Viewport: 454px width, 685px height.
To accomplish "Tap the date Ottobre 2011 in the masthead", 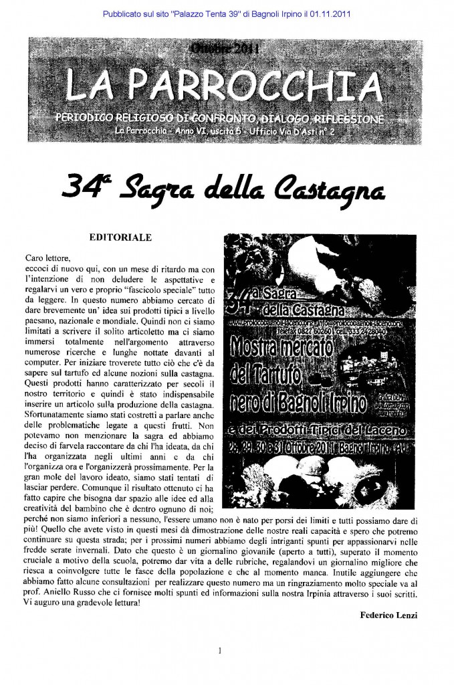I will coord(226,49).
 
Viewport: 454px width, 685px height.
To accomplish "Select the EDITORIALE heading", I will coord(120,237).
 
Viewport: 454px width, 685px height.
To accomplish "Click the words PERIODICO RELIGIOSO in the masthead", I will coord(108,118).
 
